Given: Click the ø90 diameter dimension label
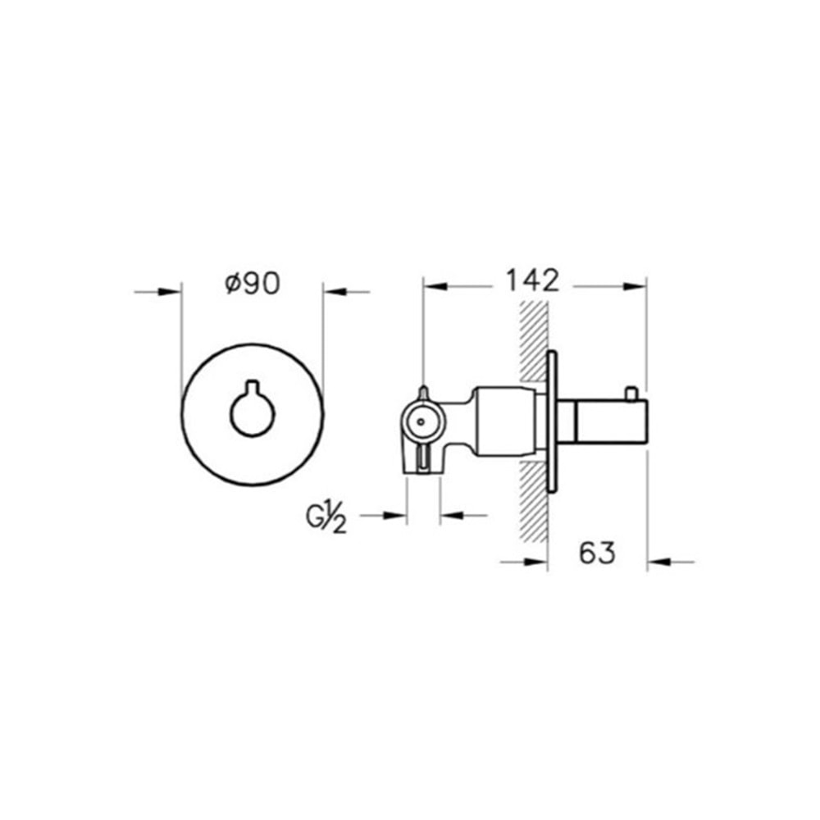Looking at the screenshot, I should [252, 283].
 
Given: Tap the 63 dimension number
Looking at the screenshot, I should [596, 553].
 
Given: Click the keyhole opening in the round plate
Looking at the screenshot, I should [252, 412].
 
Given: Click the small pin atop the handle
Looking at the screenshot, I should [631, 395].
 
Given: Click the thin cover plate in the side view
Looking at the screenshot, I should [553, 423].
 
